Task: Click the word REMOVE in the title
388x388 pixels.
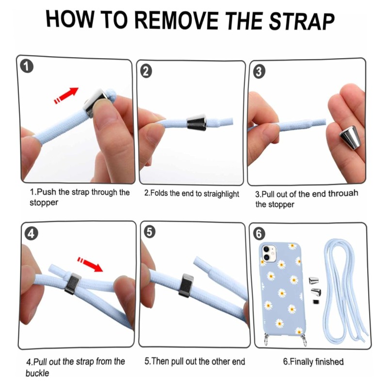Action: point(177,20)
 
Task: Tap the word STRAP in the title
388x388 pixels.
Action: point(302,21)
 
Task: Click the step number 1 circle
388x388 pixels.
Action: point(27,66)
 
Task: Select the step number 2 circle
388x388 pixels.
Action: point(146,71)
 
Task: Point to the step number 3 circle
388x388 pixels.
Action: point(259,72)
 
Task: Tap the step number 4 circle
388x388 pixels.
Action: point(32,234)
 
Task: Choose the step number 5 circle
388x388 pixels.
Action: point(149,232)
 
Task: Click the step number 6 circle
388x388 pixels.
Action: point(259,234)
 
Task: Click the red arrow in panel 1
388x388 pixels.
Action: point(66,96)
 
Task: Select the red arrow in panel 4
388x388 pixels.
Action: point(90,264)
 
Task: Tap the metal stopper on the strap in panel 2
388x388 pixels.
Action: point(196,122)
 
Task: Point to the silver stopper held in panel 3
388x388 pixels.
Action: point(348,137)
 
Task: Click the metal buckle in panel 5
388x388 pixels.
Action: point(186,284)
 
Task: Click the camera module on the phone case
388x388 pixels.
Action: point(269,253)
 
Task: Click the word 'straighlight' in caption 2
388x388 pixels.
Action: point(221,194)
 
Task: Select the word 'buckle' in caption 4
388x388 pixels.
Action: point(37,373)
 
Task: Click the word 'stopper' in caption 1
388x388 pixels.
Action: point(44,203)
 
